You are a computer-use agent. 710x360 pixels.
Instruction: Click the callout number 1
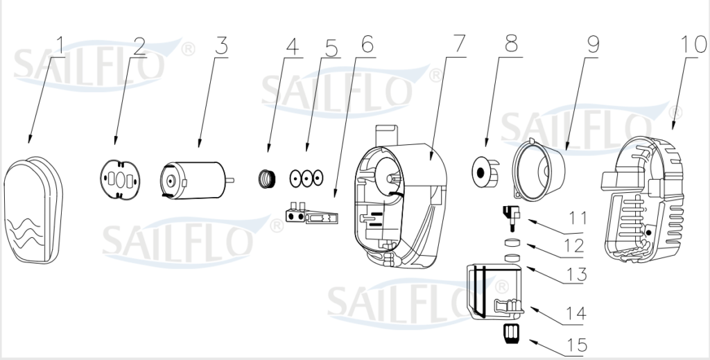coord(60,46)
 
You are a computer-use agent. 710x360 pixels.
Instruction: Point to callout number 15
coord(576,344)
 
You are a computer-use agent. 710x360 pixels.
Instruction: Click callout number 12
coord(575,246)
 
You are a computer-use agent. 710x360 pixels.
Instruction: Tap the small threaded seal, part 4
coord(267,178)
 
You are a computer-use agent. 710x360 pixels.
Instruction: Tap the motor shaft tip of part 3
coord(231,180)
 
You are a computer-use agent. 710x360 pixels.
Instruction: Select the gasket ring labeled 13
coord(512,259)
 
